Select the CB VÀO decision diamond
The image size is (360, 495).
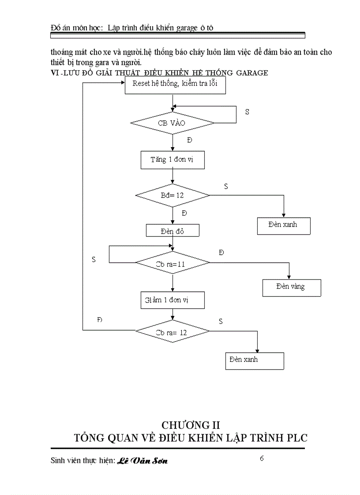[x=172, y=123]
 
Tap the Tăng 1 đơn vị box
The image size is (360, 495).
[x=172, y=160]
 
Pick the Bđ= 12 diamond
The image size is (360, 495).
[x=172, y=195]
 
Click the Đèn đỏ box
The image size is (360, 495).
[x=172, y=231]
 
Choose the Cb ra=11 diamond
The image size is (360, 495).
[x=172, y=263]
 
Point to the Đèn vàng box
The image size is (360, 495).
[x=291, y=287]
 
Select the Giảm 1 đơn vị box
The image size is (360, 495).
[x=172, y=300]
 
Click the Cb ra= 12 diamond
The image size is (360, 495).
[x=172, y=332]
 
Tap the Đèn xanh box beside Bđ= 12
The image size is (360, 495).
[x=284, y=225]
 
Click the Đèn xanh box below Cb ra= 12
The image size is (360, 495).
[x=254, y=361]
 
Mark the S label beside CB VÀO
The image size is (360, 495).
[x=247, y=112]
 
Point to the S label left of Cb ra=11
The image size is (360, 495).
[x=94, y=260]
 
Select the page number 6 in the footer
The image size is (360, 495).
[x=262, y=458]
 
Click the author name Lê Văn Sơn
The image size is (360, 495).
[x=142, y=461]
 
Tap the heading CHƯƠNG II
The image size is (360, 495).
[x=191, y=425]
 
